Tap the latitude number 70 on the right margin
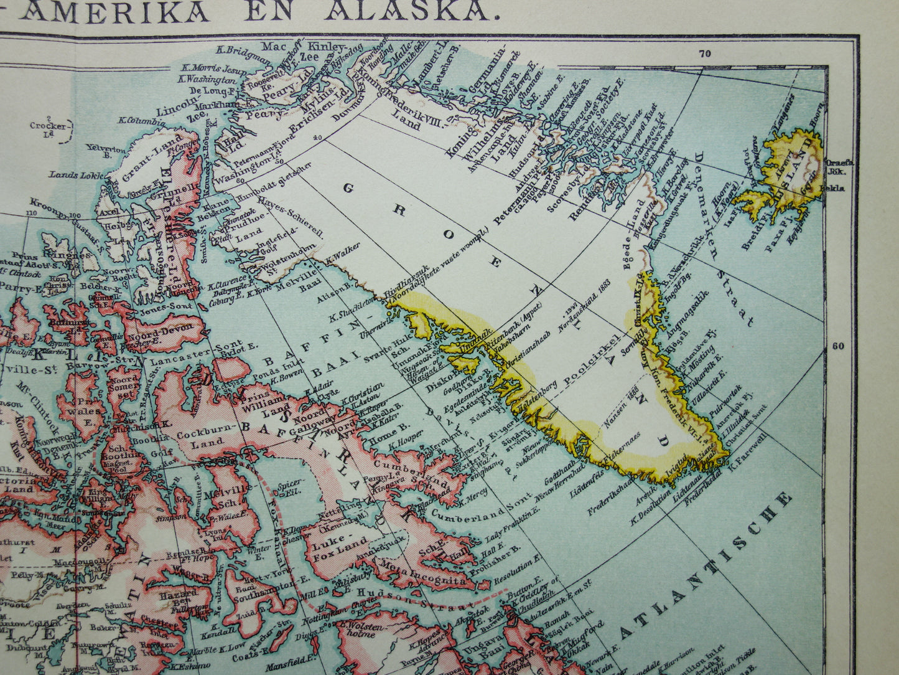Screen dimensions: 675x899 coord(705,54)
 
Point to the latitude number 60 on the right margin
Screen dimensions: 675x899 coord(839,346)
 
